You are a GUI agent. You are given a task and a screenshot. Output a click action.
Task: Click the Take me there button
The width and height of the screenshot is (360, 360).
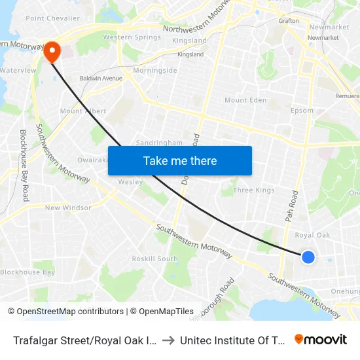(180, 161)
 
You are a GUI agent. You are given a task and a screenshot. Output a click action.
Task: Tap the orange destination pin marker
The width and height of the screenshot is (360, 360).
(51, 51)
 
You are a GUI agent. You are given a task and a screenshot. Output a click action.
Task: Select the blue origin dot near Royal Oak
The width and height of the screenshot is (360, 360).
(308, 257)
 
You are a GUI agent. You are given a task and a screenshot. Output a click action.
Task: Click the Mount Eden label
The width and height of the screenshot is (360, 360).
(245, 100)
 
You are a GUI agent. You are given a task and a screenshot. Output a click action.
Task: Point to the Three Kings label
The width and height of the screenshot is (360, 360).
(254, 190)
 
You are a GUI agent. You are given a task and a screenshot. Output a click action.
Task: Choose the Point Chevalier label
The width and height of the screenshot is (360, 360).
(53, 18)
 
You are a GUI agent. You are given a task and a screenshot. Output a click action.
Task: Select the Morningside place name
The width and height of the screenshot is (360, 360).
(155, 70)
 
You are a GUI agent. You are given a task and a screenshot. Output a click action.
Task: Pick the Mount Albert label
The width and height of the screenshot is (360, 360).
(83, 111)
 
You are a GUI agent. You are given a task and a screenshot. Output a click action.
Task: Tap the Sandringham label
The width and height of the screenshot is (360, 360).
(159, 142)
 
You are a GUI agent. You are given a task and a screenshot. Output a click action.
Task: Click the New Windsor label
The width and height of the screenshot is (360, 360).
(68, 208)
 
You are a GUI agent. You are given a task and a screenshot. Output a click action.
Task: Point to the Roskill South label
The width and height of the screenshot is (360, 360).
(155, 259)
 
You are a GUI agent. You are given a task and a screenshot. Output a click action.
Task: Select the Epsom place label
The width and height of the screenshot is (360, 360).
(302, 111)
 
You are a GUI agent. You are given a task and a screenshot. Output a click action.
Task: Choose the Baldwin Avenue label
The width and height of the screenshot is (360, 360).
(101, 79)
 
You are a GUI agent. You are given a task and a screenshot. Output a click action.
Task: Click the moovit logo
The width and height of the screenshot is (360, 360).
(321, 339)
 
